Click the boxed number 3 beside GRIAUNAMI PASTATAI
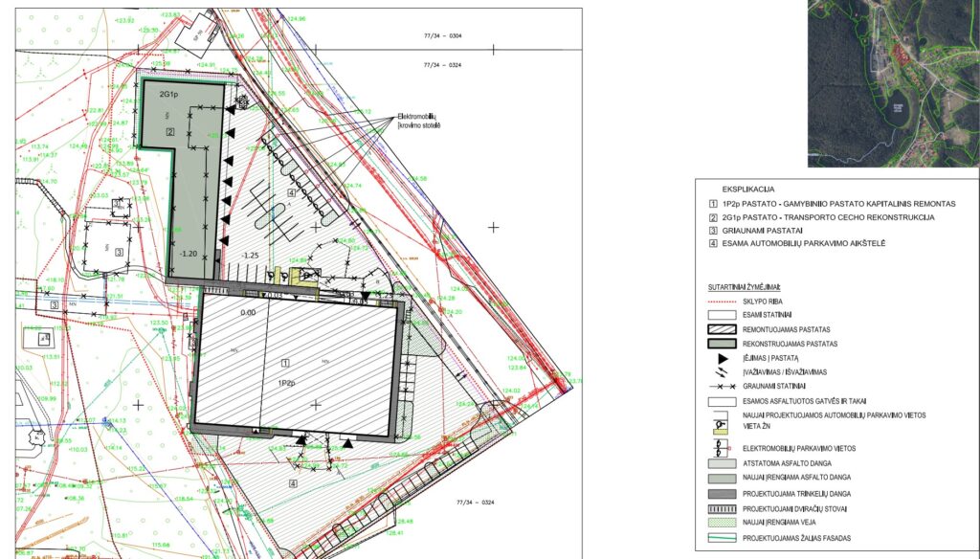713,231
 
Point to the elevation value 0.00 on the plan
249,312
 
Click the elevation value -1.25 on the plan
251,256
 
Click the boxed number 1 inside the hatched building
284,364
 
